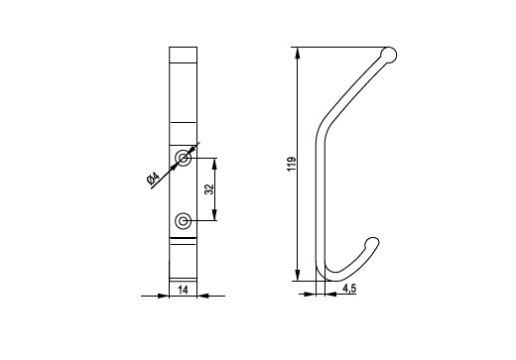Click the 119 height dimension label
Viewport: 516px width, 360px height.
pyautogui.click(x=292, y=164)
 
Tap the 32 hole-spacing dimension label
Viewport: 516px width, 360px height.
pyautogui.click(x=209, y=189)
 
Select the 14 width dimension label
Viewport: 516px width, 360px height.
pyautogui.click(x=183, y=290)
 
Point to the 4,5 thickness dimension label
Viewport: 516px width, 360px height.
pyautogui.click(x=349, y=289)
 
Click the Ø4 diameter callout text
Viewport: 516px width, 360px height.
pyautogui.click(x=153, y=179)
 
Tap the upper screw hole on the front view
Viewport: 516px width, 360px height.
pyautogui.click(x=183, y=158)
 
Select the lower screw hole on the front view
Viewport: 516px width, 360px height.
pyautogui.click(x=183, y=221)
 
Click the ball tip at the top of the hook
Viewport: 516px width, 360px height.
pyautogui.click(x=389, y=55)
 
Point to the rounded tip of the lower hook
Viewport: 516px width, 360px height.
pyautogui.click(x=372, y=243)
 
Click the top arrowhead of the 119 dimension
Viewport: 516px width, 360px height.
pyautogui.click(x=298, y=54)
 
